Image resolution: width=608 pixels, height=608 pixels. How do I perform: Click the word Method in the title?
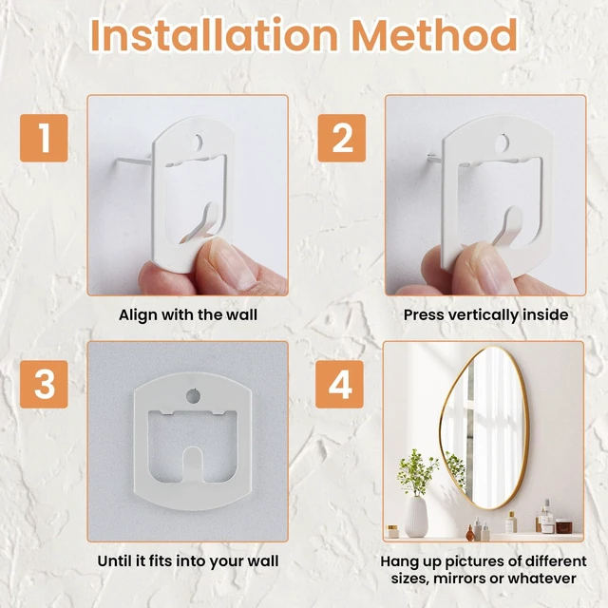[x=435, y=35]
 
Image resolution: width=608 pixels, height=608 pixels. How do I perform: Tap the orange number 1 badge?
[x=44, y=138]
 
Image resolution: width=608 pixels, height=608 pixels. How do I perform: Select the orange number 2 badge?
[x=342, y=138]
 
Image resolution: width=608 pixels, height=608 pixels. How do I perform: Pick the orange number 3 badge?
[x=44, y=384]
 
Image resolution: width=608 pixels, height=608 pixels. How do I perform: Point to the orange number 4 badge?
[x=339, y=384]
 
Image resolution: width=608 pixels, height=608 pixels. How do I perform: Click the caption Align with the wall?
[x=188, y=314]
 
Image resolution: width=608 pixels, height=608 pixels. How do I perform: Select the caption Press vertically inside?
[x=485, y=314]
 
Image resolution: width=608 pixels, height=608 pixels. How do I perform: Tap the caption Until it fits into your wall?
[x=188, y=561]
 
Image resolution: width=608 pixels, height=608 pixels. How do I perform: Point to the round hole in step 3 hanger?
[x=194, y=395]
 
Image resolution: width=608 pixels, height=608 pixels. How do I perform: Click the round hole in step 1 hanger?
[x=198, y=142]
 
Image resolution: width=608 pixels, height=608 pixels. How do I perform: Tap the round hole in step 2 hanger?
[x=503, y=142]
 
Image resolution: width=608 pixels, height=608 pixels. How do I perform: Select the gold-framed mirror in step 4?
[x=484, y=427]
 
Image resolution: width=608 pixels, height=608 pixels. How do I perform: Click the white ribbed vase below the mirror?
[x=416, y=517]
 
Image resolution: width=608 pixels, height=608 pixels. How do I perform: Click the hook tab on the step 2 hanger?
[x=511, y=229]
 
